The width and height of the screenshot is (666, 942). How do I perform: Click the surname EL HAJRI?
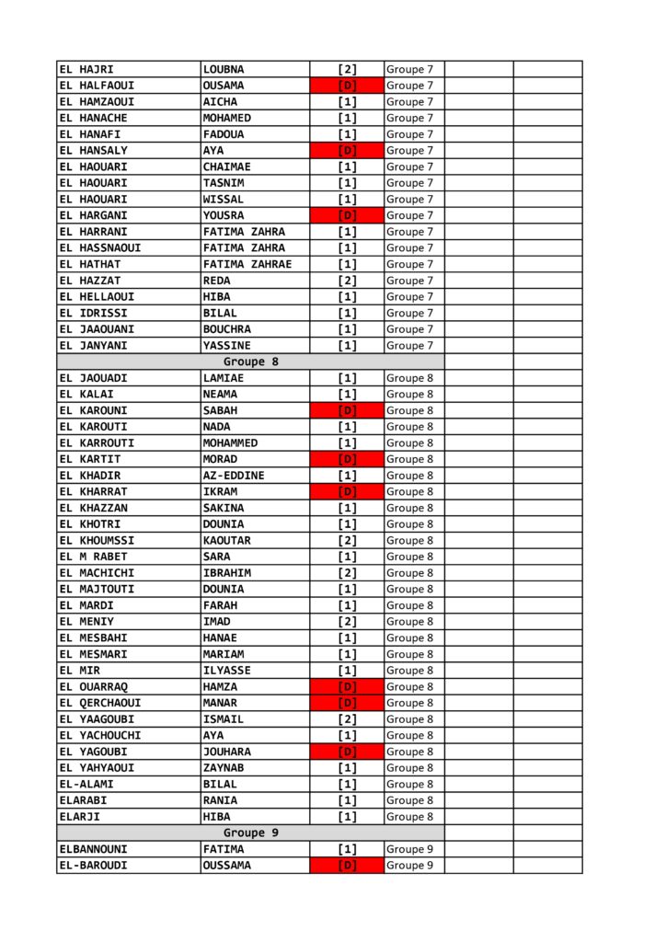86,69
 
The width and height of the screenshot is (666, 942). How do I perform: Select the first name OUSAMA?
224,86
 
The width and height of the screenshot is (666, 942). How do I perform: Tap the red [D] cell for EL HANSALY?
347,151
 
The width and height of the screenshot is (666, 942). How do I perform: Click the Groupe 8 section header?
250,362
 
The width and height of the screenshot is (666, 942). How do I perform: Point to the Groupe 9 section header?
250,833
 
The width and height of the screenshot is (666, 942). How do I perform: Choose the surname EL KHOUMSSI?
97,540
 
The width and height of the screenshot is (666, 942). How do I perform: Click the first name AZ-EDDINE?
234,476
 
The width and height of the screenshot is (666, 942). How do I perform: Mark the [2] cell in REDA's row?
347,281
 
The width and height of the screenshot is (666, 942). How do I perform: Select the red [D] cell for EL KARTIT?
347,459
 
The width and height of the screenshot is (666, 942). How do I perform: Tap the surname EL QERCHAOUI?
100,703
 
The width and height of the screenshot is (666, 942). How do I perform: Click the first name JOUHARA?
226,752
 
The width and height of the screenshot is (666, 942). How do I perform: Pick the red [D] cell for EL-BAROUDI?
347,866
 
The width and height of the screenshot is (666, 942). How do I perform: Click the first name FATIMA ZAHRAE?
247,264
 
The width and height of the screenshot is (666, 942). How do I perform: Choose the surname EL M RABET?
94,557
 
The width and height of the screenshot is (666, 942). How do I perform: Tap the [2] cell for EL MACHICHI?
347,573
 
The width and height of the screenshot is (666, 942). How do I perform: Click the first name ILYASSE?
226,671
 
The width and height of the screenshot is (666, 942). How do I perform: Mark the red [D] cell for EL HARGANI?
347,215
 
